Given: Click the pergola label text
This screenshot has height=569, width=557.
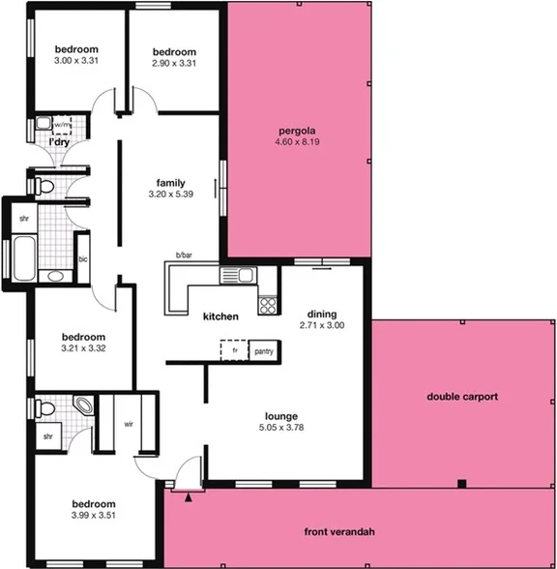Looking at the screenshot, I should (297, 131).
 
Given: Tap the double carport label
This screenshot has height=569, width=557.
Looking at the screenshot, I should (462, 397).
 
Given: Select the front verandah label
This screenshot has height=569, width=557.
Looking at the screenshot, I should (338, 532).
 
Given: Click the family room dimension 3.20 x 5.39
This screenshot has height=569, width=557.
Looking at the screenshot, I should (171, 195).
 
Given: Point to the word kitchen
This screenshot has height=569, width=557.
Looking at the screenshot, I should (220, 316).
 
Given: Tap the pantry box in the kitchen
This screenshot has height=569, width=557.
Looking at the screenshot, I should (263, 352).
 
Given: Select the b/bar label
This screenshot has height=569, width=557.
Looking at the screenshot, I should (184, 255).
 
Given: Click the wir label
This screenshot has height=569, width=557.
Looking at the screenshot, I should (128, 423).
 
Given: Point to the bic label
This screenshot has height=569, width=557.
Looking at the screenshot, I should (82, 260).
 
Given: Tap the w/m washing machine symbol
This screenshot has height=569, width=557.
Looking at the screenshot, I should (44, 125).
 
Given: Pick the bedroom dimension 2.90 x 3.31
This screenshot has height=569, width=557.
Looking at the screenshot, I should (174, 63).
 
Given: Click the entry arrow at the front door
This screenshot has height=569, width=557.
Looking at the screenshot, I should (189, 497).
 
